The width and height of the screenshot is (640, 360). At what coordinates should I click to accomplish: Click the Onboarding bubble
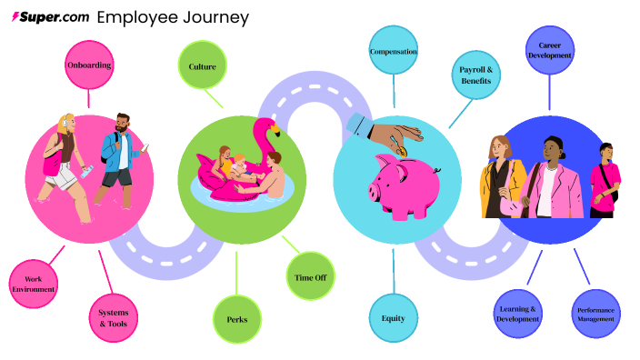(88, 65)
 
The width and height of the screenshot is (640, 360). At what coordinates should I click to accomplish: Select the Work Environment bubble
(33, 283)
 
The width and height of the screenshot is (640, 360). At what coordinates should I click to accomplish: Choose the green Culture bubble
(202, 66)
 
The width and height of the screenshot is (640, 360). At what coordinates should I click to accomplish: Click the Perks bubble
(237, 319)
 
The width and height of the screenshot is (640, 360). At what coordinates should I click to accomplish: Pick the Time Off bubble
(311, 278)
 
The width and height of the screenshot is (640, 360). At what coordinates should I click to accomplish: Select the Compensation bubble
(394, 52)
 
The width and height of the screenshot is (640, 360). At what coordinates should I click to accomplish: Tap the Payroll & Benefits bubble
(476, 75)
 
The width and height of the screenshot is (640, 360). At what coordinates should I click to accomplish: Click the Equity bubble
(394, 318)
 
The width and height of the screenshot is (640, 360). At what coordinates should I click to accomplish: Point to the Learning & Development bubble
(518, 314)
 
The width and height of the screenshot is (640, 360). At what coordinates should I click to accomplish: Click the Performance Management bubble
(595, 315)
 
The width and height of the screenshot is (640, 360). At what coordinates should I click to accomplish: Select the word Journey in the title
(216, 17)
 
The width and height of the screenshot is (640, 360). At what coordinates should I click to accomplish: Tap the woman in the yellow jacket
(501, 177)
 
